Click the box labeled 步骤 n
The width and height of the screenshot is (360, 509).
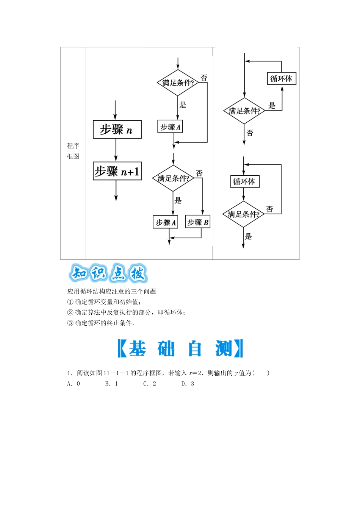[117, 130]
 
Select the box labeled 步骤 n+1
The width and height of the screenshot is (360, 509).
[117, 171]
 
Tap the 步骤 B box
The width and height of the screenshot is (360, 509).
[198, 222]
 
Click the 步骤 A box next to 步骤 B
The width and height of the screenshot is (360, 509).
[166, 222]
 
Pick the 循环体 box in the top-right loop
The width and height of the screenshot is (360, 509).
[281, 79]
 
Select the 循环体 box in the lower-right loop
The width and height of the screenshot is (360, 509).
[244, 182]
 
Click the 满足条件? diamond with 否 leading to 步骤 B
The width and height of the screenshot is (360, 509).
[173, 178]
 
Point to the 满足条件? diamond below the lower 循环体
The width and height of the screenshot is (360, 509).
[243, 214]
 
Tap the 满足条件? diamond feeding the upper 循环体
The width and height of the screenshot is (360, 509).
[244, 111]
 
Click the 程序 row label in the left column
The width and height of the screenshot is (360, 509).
[73, 146]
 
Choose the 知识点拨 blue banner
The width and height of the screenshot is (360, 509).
[108, 273]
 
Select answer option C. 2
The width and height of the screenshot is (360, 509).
[150, 384]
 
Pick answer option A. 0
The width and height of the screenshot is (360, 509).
[74, 384]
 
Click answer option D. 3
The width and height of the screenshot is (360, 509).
[188, 384]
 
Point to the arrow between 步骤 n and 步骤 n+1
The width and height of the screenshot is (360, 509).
[116, 150]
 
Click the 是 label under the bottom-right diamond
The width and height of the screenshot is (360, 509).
[248, 237]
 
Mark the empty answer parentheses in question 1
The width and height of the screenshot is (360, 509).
[261, 373]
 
